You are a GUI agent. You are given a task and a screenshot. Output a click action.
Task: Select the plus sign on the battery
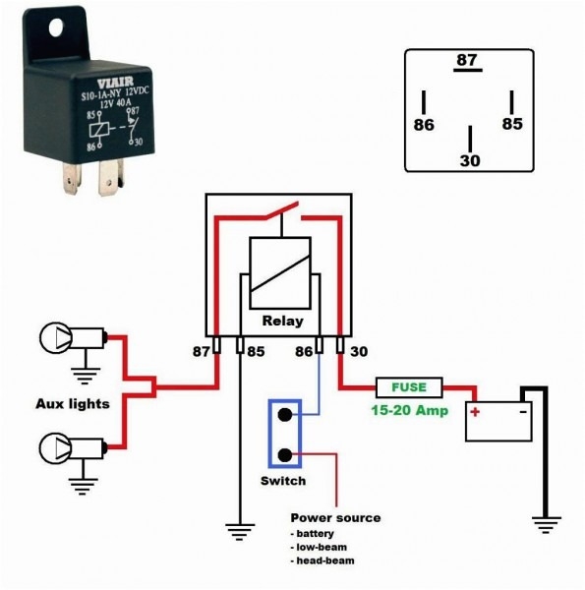point(474,410)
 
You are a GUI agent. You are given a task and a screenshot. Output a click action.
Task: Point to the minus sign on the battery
point(521,410)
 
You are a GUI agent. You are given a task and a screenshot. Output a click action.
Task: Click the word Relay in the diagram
point(282,322)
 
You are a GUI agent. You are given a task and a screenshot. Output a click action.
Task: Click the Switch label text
point(283,482)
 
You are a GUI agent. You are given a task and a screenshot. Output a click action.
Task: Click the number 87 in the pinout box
point(466,61)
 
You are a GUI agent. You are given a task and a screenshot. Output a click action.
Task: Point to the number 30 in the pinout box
point(469,160)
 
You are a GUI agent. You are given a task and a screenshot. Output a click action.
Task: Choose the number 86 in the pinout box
point(424,125)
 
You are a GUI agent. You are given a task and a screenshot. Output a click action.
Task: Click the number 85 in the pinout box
point(511,125)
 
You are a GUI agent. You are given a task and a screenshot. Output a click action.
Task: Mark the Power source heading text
point(335,517)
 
